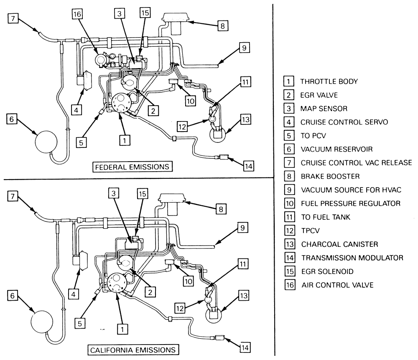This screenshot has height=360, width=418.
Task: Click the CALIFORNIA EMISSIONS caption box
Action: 133,349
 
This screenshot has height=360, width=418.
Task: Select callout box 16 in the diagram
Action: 77,15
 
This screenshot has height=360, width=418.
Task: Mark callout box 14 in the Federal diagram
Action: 248,166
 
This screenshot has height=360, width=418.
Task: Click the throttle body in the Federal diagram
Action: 121,102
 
